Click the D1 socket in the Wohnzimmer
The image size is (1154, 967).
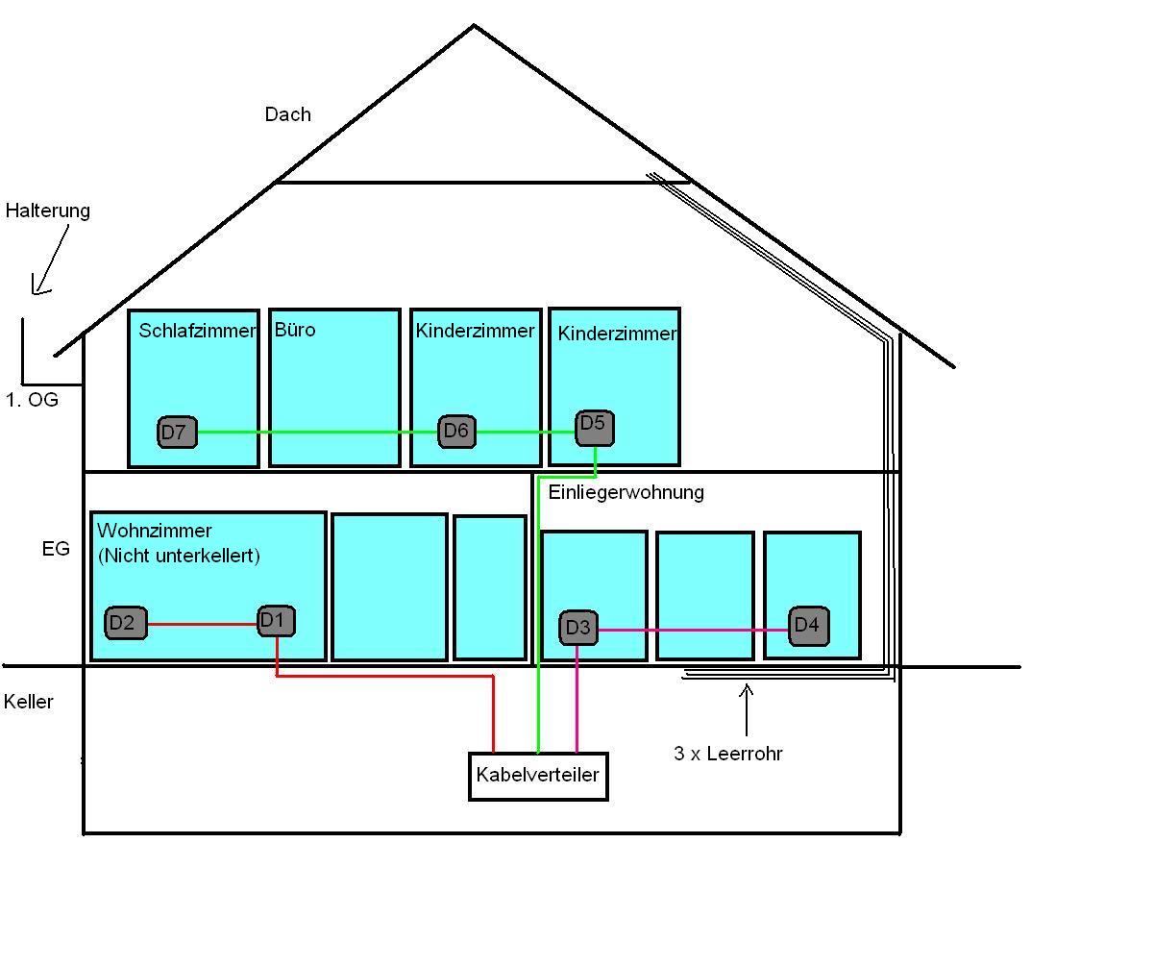click(x=276, y=621)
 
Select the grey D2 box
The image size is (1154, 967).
click(x=126, y=623)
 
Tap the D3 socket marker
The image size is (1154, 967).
click(x=577, y=628)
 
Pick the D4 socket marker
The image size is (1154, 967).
click(x=808, y=626)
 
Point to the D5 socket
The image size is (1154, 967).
click(x=595, y=428)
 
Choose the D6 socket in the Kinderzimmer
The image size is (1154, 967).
click(x=456, y=432)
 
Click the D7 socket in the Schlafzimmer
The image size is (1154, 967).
click(x=177, y=433)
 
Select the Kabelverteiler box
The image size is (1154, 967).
click(x=538, y=776)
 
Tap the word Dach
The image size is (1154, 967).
click(x=287, y=114)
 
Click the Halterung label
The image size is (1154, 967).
click(x=48, y=211)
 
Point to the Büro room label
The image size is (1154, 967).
click(x=295, y=330)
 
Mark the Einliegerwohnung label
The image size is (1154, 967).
click(x=626, y=492)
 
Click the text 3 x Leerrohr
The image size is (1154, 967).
click(x=727, y=754)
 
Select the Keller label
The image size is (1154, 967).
click(x=29, y=702)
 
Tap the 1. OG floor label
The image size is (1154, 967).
click(x=32, y=400)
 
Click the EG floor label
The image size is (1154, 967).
click(x=56, y=549)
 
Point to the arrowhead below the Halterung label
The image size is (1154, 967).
click(x=38, y=286)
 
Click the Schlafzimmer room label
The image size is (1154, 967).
click(x=197, y=331)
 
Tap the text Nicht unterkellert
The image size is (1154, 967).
click(x=179, y=556)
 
